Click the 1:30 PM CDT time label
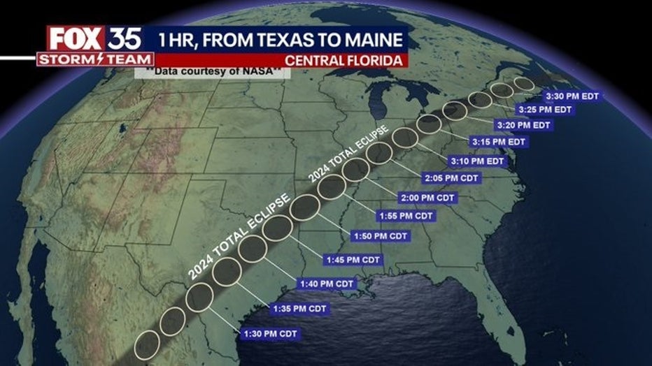tap(269, 334)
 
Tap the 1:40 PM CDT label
tap(327, 284)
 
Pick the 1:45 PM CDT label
tap(353, 260)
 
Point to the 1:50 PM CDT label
tap(379, 237)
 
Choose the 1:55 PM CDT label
tap(406, 216)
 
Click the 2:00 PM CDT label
tap(428, 198)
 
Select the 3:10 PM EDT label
tap(477, 161)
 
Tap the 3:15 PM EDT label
tap(499, 142)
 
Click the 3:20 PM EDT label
tap(523, 125)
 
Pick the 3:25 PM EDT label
tap(545, 110)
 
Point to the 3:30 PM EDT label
tap(572, 96)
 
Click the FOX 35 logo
tap(94, 38)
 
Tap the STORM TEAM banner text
tap(94, 60)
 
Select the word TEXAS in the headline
tap(282, 38)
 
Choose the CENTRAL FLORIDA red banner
tap(353, 60)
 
